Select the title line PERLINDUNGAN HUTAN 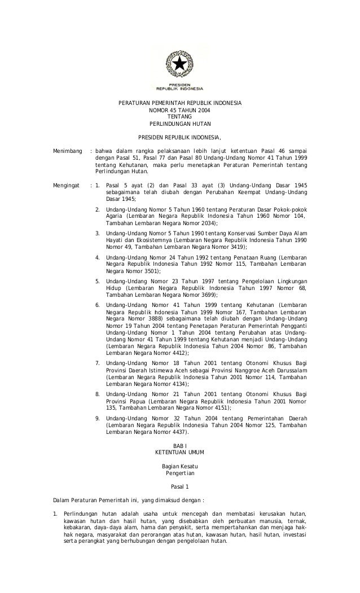coord(179,124)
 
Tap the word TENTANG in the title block coord(179,117)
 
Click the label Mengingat coord(66,185)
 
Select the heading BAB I coord(179,446)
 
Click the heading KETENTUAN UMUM coord(179,453)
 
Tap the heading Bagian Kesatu coord(179,466)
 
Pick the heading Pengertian coord(179,473)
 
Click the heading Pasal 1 coord(179,486)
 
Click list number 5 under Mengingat coord(98,280)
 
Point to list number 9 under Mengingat coord(98,419)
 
